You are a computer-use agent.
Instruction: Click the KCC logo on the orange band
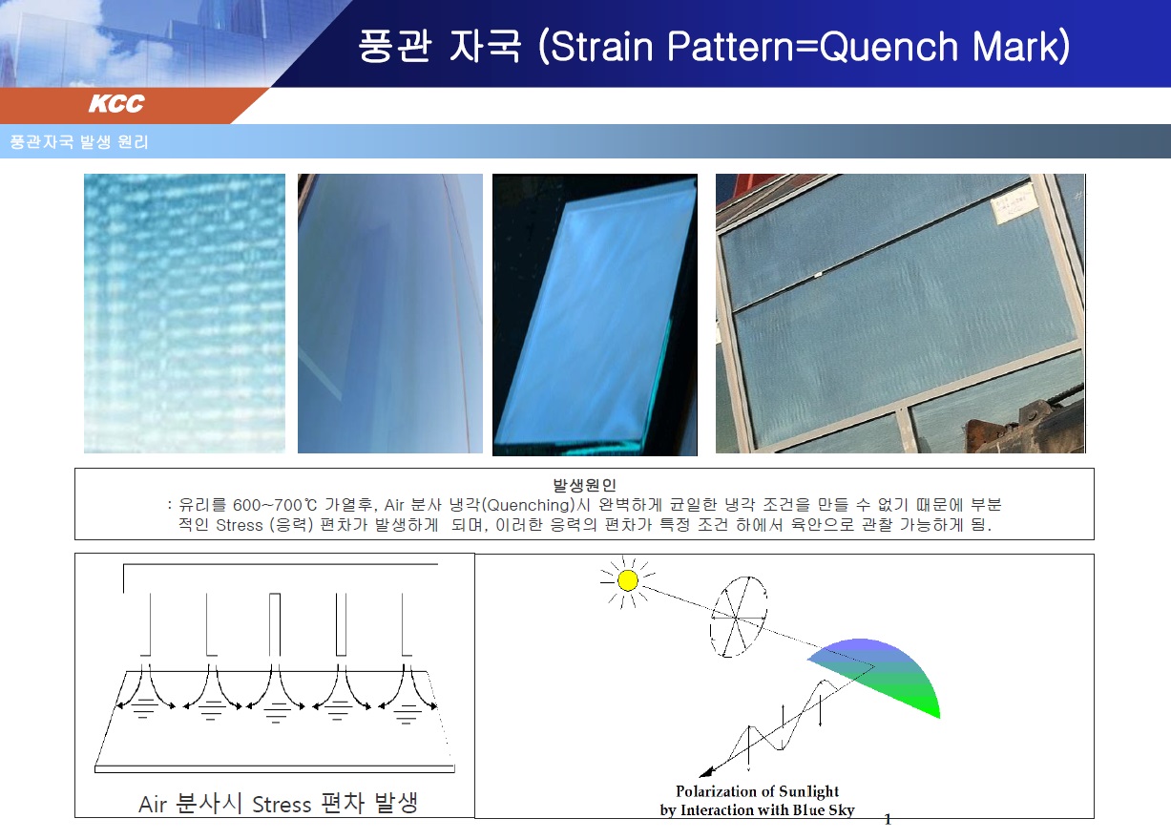116,103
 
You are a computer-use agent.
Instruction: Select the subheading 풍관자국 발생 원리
79,141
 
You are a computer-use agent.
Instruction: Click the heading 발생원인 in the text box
584,485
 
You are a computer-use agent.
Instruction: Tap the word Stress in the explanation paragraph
239,525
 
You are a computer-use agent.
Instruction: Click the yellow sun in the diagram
627,580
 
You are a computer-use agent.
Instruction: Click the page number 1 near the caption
888,820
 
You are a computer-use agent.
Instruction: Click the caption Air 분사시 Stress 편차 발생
278,804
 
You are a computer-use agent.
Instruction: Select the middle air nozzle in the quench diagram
275,624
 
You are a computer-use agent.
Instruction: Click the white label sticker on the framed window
1015,204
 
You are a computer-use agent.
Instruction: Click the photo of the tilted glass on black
595,315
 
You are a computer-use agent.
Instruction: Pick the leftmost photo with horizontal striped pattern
184,313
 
